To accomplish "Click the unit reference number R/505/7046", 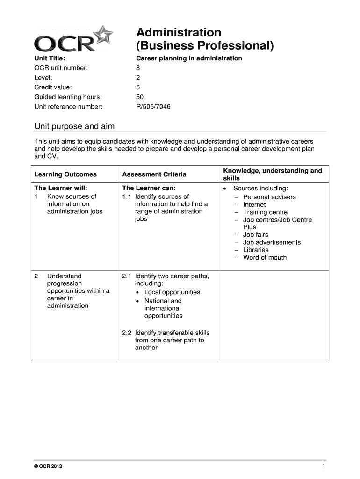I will tap(153, 107).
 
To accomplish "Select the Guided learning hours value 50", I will tap(140, 97).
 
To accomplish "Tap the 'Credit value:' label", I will tap(53, 87).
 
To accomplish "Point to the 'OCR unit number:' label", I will tap(61, 68).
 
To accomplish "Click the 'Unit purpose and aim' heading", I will tap(74, 127).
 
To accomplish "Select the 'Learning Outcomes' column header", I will tap(65, 174).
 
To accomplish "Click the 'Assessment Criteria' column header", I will tap(154, 174).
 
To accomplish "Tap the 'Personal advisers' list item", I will tap(269, 197).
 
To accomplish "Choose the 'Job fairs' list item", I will tap(256, 235).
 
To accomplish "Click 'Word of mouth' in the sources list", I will tap(265, 257).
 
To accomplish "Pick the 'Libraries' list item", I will tap(256, 250).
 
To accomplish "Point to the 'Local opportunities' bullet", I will tap(172, 292).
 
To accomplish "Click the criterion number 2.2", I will tap(127, 333).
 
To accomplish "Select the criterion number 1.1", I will tap(127, 196).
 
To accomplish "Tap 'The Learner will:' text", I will tap(61, 189).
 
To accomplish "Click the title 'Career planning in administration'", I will tap(189, 58).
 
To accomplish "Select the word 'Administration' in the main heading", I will tap(179, 33).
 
